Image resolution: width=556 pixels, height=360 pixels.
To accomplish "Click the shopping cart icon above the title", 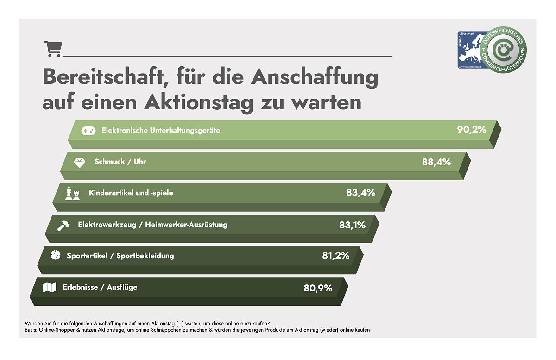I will (53, 49).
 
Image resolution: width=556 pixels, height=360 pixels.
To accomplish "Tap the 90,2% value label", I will (472, 129).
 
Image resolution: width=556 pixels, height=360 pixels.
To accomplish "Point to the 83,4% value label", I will (360, 192).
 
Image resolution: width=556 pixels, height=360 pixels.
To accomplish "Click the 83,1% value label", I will (352, 225).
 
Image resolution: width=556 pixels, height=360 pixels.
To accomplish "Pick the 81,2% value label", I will (336, 255).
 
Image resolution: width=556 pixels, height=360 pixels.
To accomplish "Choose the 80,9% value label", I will (318, 288).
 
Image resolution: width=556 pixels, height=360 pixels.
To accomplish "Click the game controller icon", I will (88, 131).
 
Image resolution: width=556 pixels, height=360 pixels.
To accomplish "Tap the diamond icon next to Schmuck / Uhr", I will (80, 163).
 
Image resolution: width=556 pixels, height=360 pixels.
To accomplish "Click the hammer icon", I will (63, 225).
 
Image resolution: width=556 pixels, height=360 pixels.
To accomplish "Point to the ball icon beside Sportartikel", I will (55, 255).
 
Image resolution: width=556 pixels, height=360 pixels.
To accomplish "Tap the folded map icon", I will (49, 288).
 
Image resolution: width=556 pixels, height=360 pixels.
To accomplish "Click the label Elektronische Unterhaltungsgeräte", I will (161, 131).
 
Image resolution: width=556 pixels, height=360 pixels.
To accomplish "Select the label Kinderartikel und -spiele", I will (131, 193).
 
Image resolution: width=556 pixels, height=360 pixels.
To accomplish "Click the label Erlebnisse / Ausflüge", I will (100, 287).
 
